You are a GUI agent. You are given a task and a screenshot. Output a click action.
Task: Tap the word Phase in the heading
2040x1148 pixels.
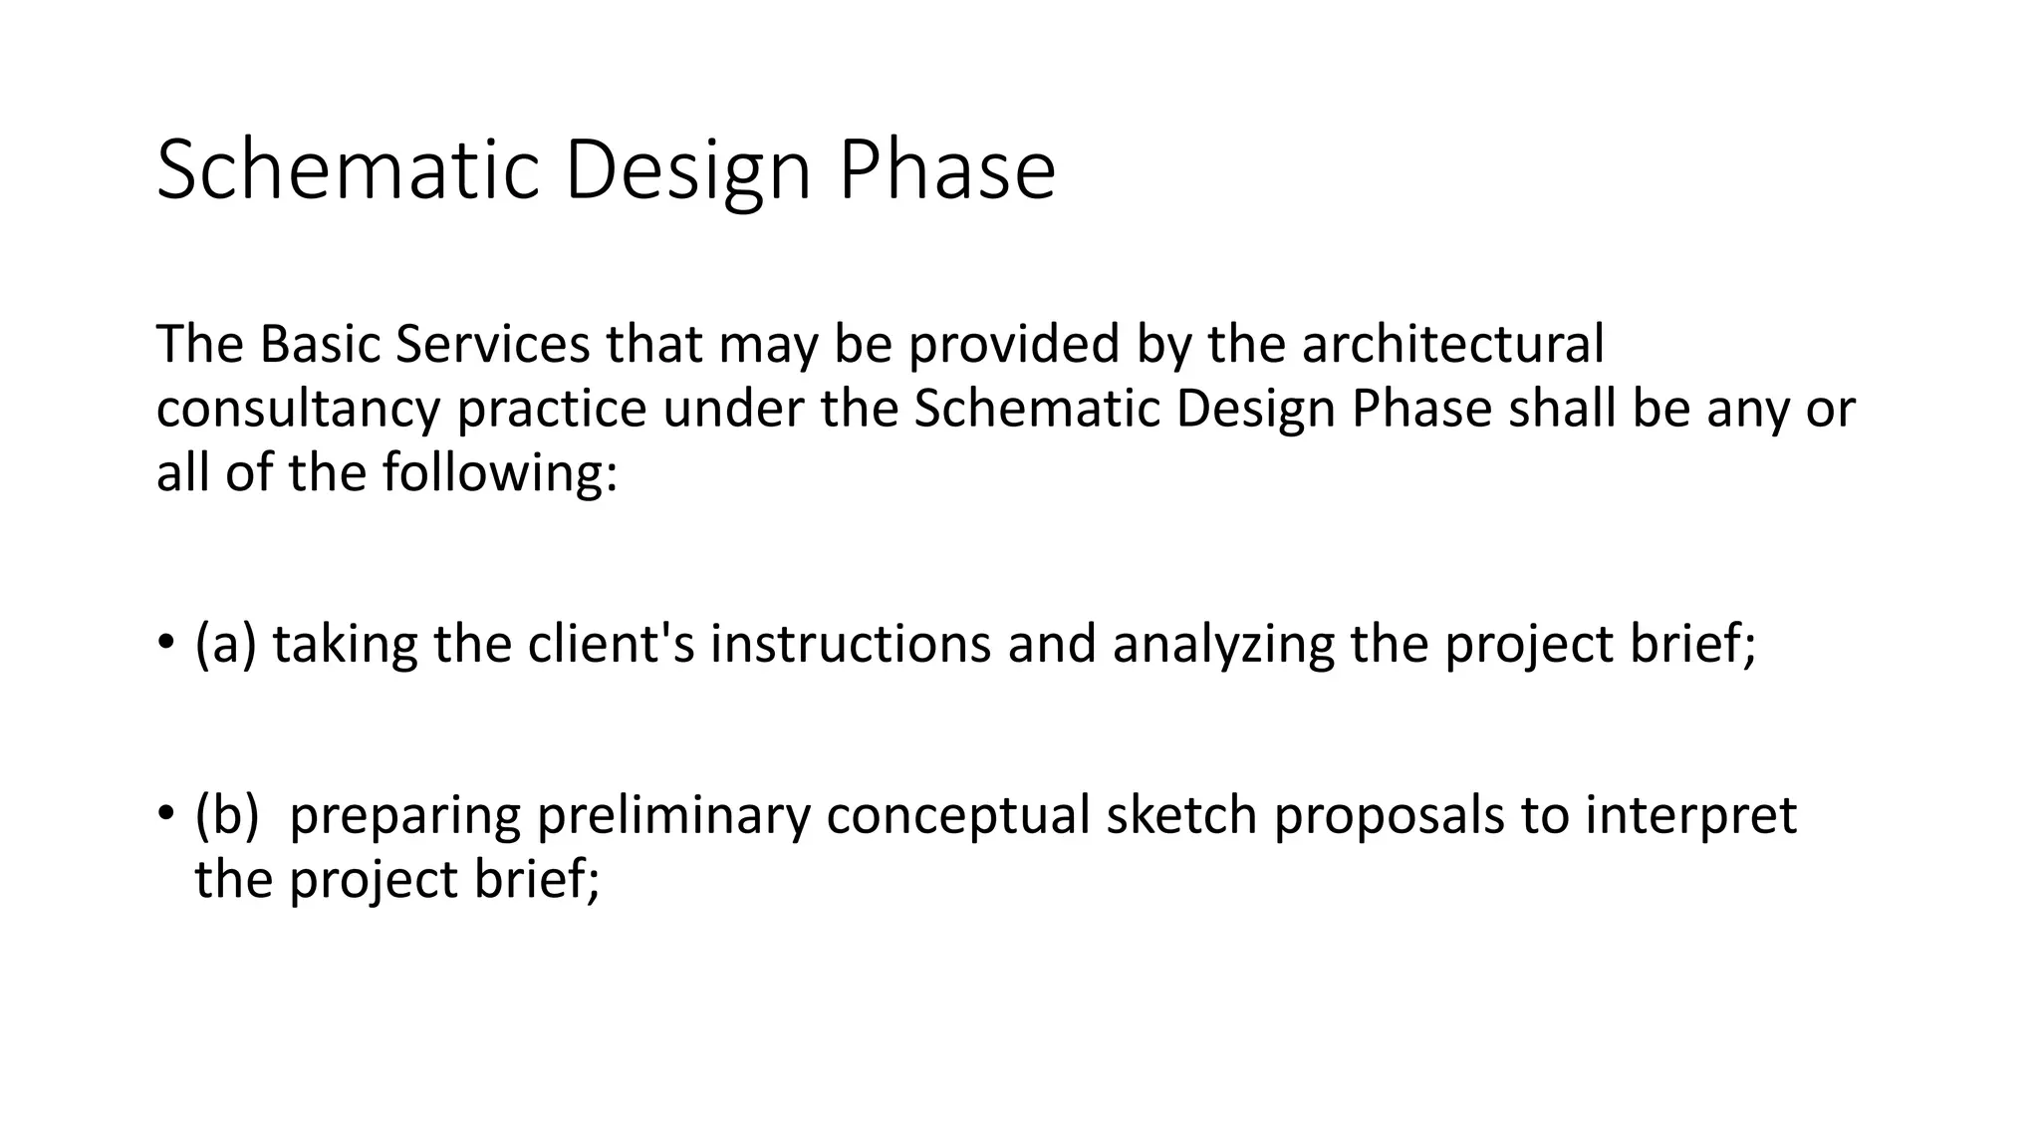coord(946,169)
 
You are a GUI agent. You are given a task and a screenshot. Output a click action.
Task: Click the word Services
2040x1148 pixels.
coord(493,344)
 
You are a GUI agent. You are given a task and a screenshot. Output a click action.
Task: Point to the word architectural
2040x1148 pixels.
coord(1453,344)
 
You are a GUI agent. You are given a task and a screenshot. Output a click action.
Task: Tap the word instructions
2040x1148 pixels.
coord(850,644)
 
